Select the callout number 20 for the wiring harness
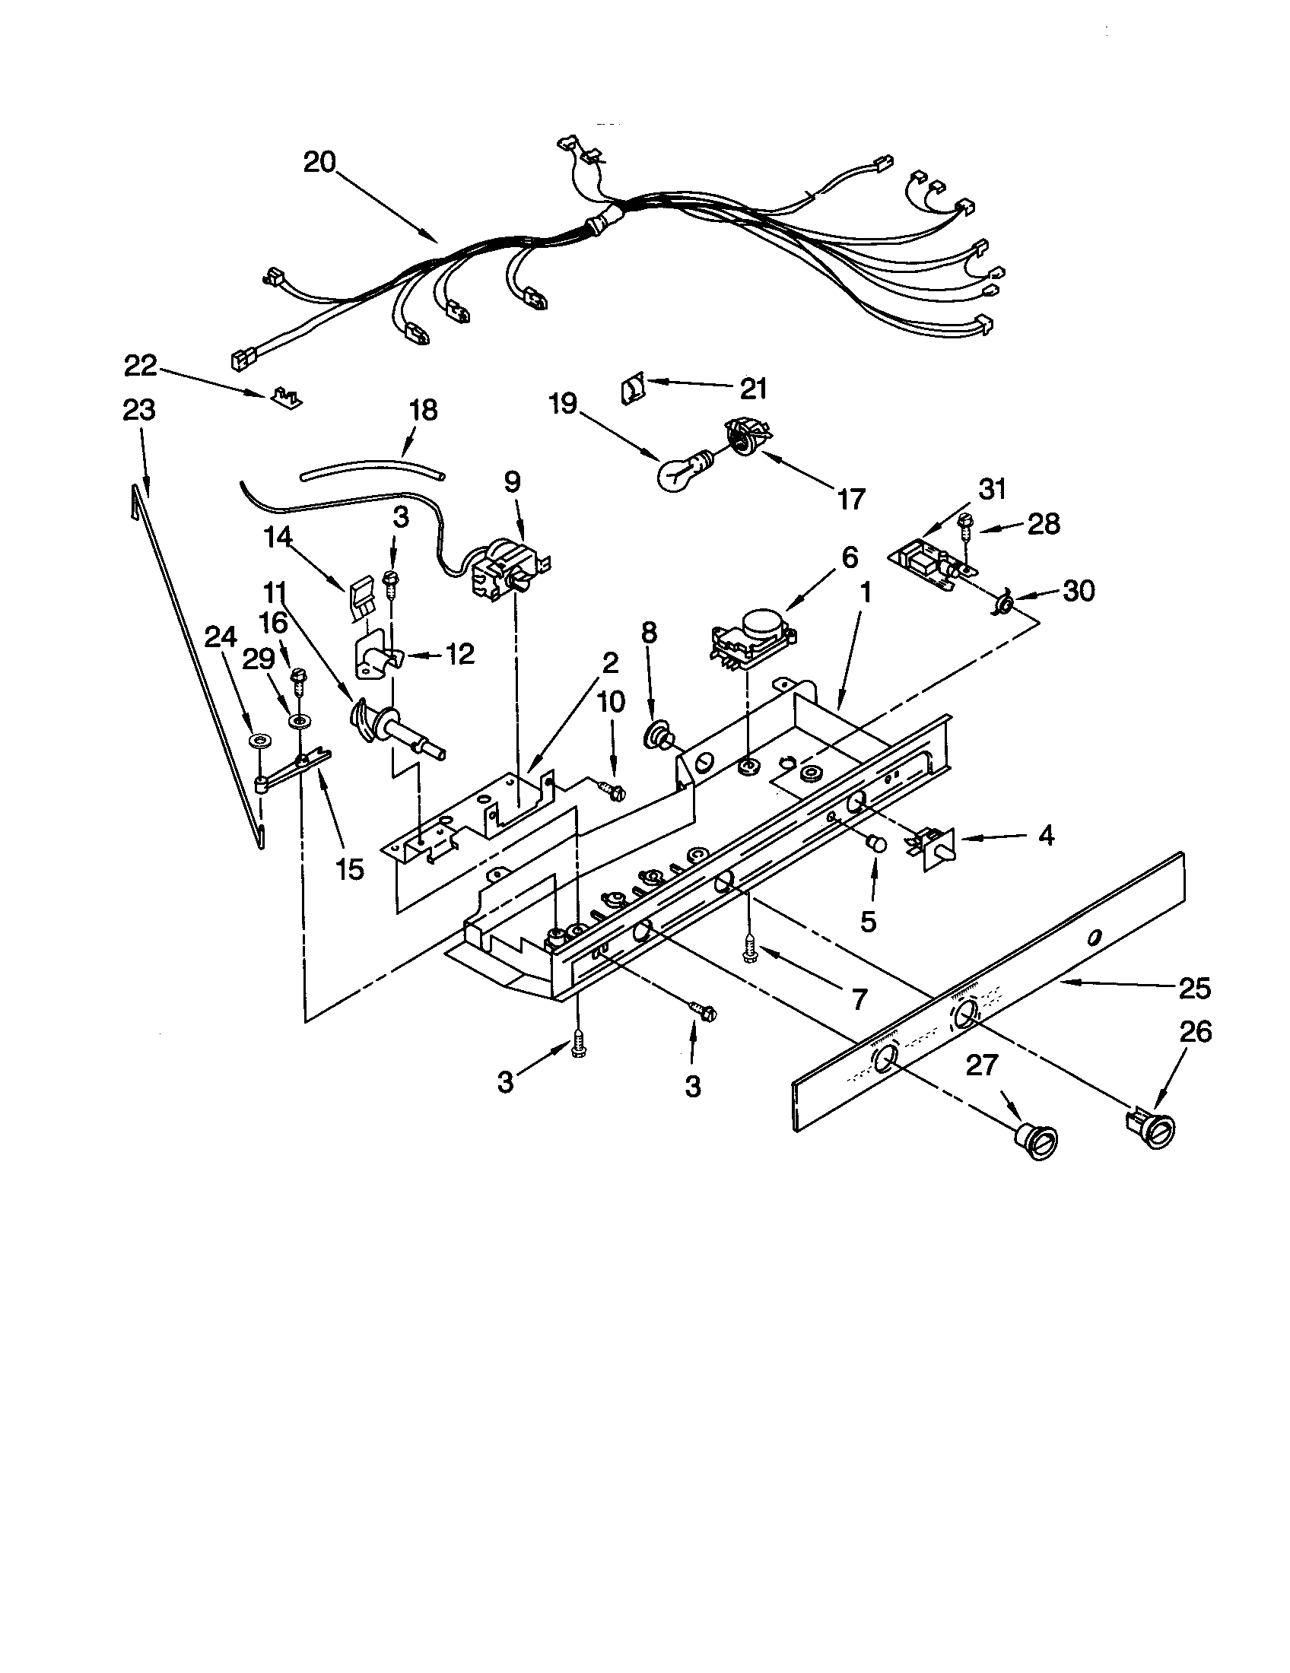pyautogui.click(x=319, y=163)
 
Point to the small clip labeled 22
pyautogui.click(x=288, y=398)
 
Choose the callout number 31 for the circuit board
pyautogui.click(x=992, y=489)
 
